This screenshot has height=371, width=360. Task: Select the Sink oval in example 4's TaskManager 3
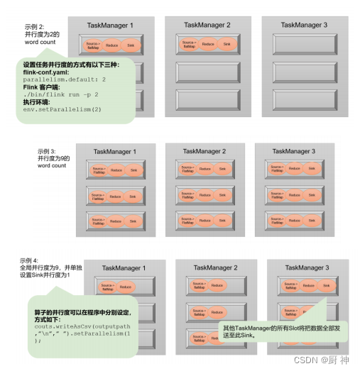tap(325, 286)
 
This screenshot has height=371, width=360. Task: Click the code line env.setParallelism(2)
tap(62, 109)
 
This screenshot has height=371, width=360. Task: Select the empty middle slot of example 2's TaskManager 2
tap(207, 73)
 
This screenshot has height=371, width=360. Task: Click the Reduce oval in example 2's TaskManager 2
tap(207, 45)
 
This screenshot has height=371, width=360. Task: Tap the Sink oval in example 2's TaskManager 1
tap(131, 46)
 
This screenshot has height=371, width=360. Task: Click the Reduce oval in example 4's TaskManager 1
tap(126, 287)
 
